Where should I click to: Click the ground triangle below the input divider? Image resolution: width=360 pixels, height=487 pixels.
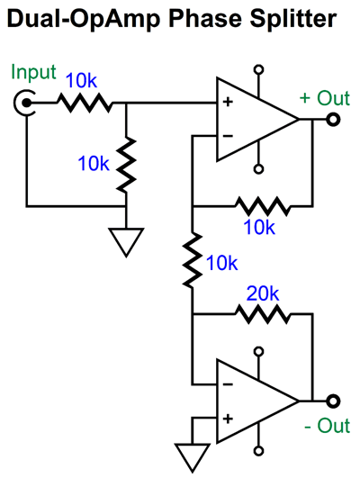tap(126, 240)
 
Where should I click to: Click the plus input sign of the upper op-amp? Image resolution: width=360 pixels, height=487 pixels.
tap(228, 103)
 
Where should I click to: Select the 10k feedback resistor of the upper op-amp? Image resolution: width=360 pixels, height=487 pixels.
tap(261, 205)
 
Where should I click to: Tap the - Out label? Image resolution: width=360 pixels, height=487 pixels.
tap(326, 426)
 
